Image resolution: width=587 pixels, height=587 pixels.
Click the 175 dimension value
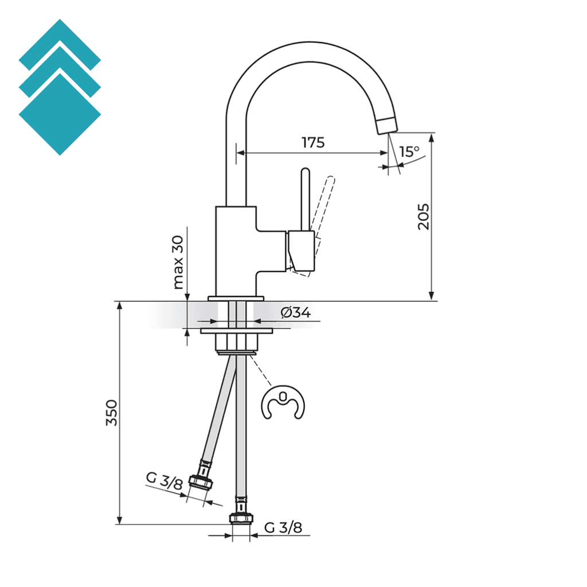313,142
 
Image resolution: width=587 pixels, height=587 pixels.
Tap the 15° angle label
409,152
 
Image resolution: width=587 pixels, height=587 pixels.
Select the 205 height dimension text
423,216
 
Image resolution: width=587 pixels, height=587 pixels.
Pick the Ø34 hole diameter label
296,312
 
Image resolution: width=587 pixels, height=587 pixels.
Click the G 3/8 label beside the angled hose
164,480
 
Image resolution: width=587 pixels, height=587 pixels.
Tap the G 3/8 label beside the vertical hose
283,527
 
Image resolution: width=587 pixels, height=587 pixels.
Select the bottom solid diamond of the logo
60,115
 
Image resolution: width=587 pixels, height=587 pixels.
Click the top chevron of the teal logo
60,40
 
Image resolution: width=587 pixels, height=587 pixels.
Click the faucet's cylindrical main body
235,249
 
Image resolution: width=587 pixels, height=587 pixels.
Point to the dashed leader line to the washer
261,370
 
